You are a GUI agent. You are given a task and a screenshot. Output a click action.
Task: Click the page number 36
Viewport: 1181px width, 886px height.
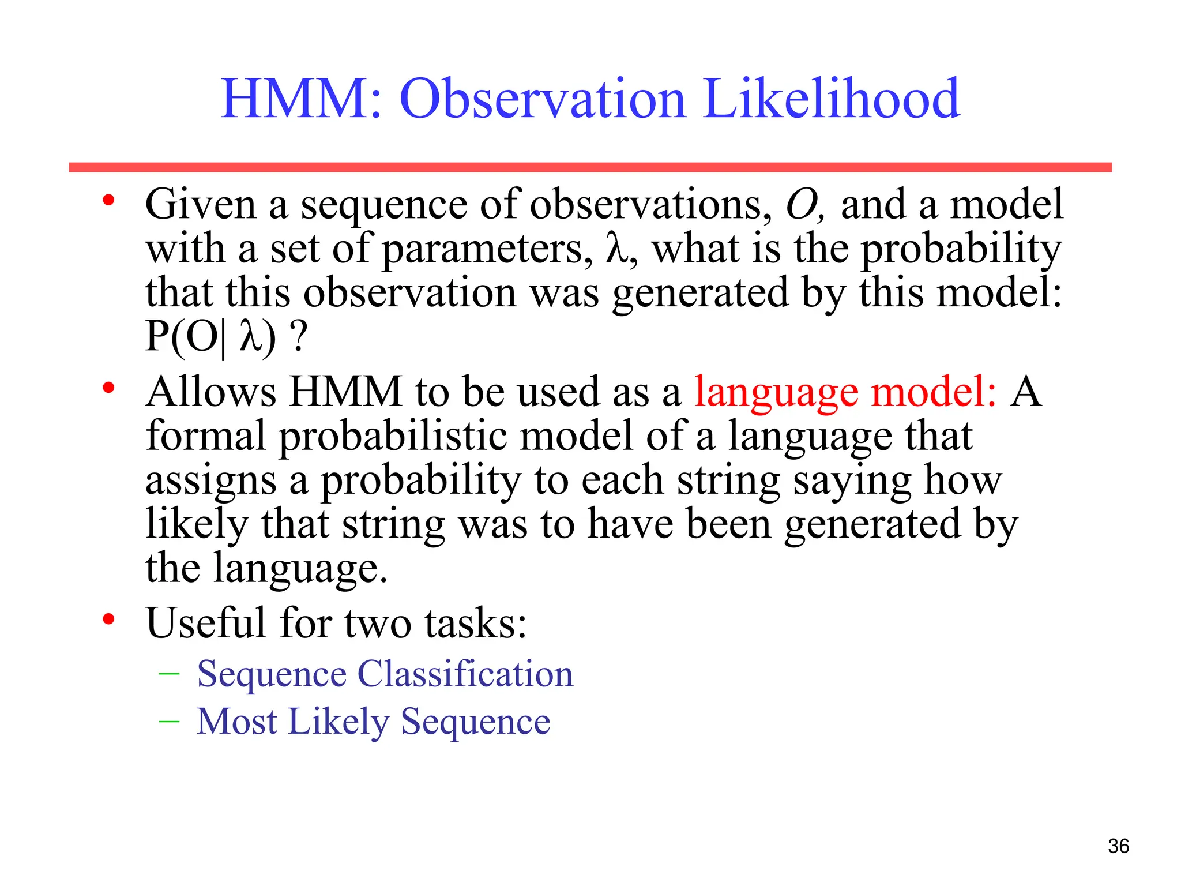pyautogui.click(x=1118, y=846)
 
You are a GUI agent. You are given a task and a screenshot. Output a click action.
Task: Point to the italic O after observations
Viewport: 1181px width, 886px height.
pyautogui.click(x=802, y=205)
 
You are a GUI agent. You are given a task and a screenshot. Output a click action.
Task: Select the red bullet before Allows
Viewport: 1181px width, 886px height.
pyautogui.click(x=108, y=388)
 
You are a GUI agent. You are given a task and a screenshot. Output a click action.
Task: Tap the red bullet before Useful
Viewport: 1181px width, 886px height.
pyautogui.click(x=108, y=620)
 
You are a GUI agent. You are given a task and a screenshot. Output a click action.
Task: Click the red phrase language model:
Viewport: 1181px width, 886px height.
pyautogui.click(x=845, y=393)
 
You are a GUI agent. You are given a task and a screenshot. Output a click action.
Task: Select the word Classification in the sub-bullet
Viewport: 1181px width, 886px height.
pyautogui.click(x=465, y=674)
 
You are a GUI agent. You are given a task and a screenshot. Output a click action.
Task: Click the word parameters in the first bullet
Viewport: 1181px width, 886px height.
pyautogui.click(x=487, y=250)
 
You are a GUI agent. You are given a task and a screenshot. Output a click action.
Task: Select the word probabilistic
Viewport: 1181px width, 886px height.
pyautogui.click(x=392, y=437)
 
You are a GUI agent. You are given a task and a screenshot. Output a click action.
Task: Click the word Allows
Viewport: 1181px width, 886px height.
pyautogui.click(x=211, y=392)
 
